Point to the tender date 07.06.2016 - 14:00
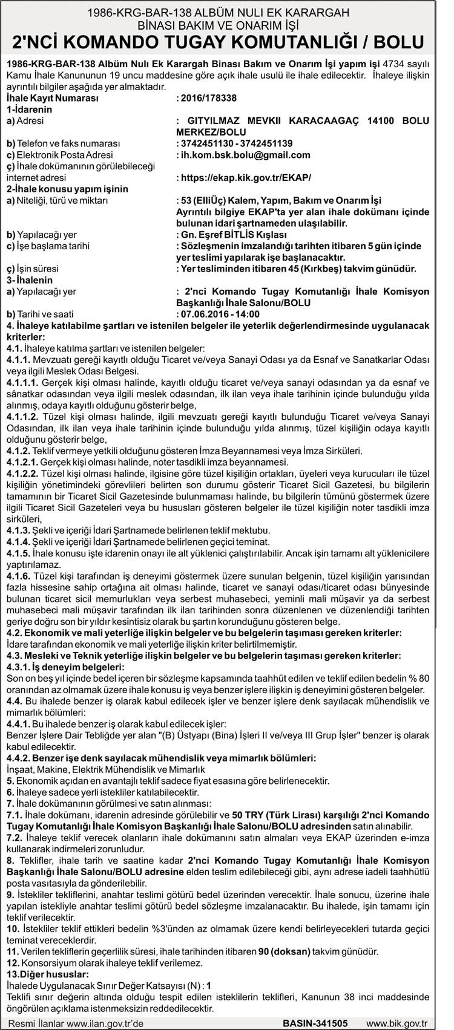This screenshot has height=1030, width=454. pos(219,314)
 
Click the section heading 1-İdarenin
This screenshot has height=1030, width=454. pos(29,109)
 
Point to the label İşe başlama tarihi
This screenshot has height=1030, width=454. pos(48,246)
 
